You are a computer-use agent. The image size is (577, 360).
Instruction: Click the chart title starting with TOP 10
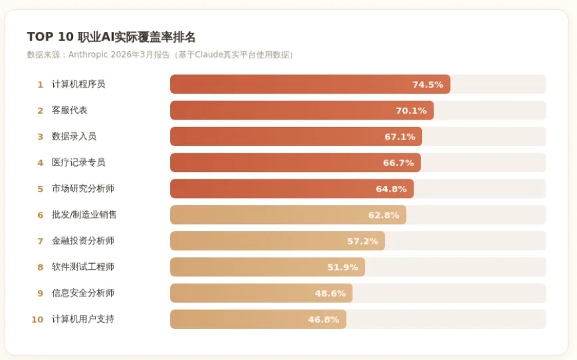(111, 37)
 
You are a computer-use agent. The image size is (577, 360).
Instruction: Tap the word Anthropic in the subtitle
(88, 54)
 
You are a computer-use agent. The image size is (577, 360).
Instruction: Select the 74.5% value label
(427, 84)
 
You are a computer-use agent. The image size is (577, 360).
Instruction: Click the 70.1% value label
(411, 111)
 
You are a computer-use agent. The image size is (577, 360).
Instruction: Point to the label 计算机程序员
(78, 84)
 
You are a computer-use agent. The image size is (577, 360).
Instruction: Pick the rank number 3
(40, 137)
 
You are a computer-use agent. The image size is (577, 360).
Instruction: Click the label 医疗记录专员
(78, 163)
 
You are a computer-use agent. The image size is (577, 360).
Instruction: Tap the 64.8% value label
(391, 189)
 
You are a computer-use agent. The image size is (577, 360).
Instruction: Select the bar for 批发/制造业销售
(288, 215)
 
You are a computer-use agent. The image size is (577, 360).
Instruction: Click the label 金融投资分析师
(83, 241)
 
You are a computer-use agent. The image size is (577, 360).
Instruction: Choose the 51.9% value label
(342, 267)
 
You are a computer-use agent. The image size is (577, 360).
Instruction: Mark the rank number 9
(40, 294)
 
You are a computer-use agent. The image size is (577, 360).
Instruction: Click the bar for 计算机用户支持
(259, 319)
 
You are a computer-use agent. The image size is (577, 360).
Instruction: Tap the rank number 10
(37, 319)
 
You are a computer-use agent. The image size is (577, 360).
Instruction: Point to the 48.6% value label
(330, 294)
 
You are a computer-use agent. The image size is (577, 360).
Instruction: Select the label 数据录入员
(74, 136)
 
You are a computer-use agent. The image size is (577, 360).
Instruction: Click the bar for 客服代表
(302, 110)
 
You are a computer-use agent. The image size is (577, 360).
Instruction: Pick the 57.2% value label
(362, 241)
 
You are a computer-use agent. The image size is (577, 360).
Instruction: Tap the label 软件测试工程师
(83, 267)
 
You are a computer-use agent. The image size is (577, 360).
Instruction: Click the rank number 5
(40, 189)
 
